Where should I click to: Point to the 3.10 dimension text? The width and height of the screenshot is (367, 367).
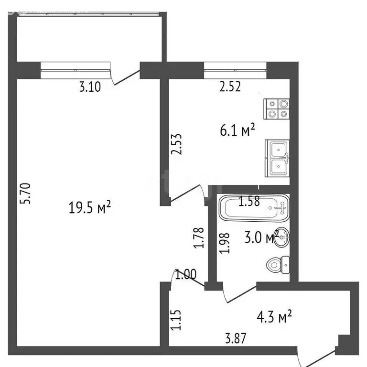(x=90, y=87)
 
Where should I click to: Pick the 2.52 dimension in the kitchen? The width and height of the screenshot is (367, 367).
(x=229, y=87)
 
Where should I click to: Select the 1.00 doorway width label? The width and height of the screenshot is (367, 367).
(x=185, y=275)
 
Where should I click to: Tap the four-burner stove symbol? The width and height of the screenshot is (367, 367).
(x=277, y=108)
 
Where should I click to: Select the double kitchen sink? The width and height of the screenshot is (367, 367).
(x=278, y=158)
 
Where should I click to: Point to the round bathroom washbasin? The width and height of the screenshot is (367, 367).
(x=283, y=237)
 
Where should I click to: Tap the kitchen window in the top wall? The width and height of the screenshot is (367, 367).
(x=235, y=70)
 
